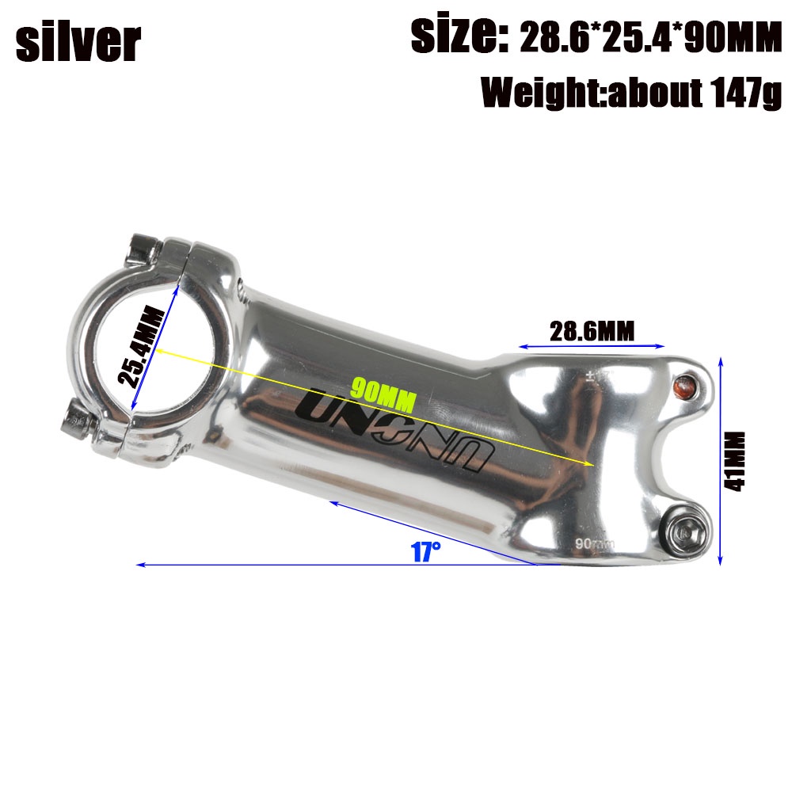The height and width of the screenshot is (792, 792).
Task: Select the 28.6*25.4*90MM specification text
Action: pyautogui.click(x=650, y=38)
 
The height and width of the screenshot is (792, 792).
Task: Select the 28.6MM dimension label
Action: pyautogui.click(x=592, y=330)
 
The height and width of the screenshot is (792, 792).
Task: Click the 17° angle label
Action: pyautogui.click(x=425, y=550)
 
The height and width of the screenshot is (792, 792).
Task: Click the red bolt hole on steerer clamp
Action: pyautogui.click(x=683, y=386)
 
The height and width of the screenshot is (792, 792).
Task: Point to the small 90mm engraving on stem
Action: pyautogui.click(x=595, y=543)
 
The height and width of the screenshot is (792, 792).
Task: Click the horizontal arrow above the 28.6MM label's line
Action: pyautogui.click(x=591, y=346)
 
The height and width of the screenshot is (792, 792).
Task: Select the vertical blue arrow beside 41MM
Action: pyautogui.click(x=720, y=461)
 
